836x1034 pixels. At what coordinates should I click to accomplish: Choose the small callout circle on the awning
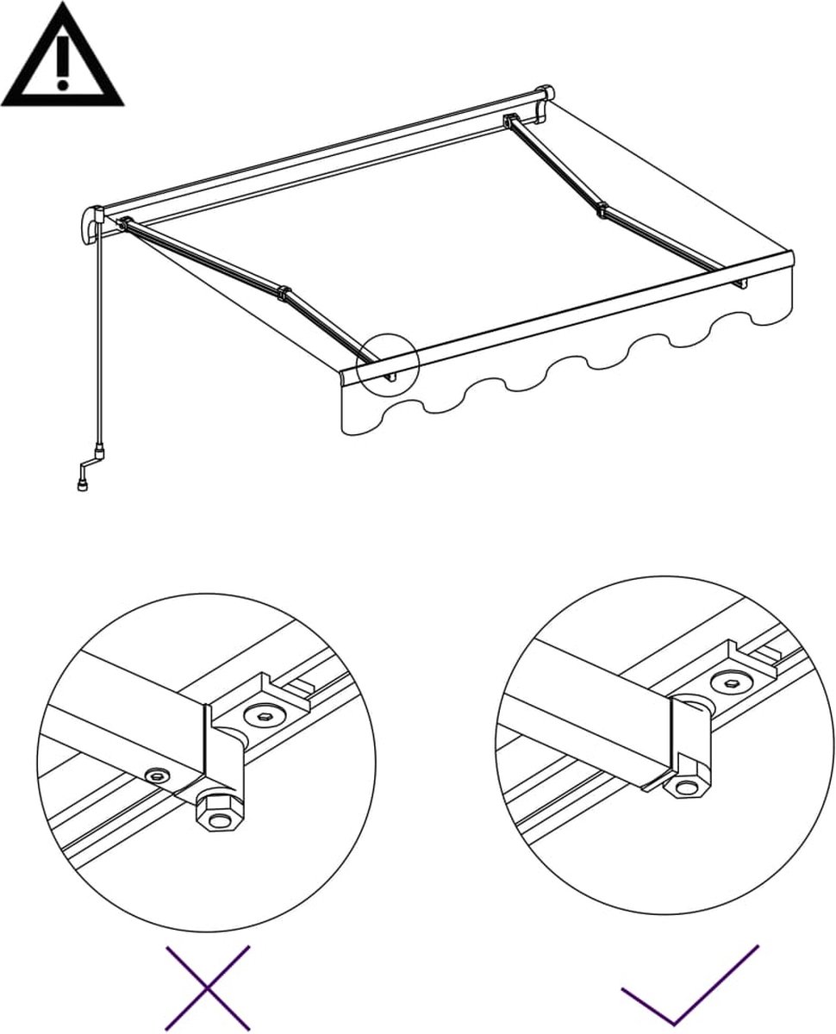(388, 363)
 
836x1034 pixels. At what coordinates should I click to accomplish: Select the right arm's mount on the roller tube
(510, 121)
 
